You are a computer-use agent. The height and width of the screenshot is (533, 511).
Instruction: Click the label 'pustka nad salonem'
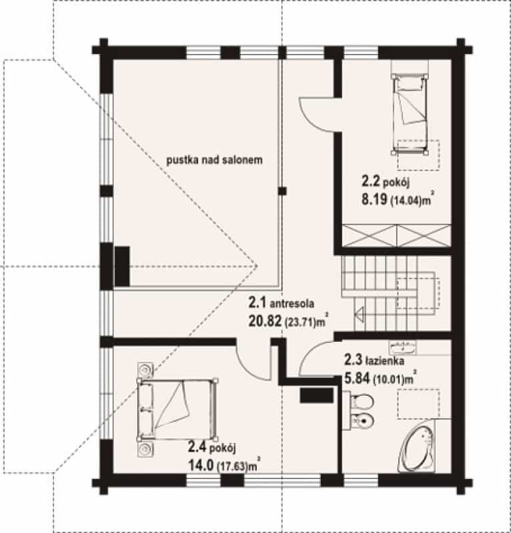coord(214,160)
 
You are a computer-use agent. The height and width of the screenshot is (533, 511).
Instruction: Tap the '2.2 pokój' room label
coord(385,182)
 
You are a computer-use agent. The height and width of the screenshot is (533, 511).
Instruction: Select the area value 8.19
coord(374,199)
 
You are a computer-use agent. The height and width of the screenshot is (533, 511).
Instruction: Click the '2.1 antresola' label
coord(282,302)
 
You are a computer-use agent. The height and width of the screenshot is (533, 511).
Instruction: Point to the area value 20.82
coord(265,320)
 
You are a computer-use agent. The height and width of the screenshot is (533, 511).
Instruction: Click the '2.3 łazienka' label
coord(374,360)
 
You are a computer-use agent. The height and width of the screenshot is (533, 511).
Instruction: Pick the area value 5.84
coord(357,378)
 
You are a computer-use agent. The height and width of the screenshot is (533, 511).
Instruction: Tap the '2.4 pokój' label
coord(211,448)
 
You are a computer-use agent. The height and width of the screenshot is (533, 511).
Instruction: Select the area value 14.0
coord(201,465)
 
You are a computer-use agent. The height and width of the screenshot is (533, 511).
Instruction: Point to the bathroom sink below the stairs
coord(403,347)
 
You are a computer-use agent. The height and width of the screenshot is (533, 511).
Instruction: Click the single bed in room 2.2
coord(409,114)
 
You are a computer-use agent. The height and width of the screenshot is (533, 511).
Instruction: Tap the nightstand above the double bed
coord(145,370)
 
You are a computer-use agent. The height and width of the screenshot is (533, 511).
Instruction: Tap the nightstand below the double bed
coord(145,449)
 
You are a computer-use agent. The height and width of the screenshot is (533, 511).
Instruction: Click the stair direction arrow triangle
coord(360,314)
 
